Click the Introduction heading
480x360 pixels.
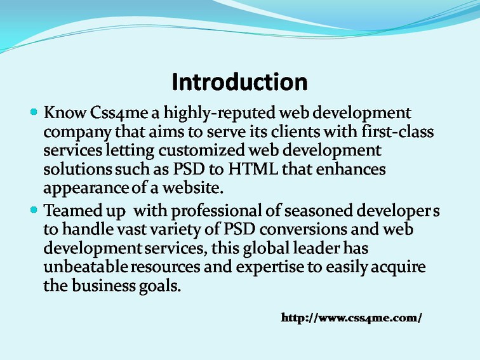pos(239,82)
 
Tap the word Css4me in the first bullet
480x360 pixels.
pos(119,112)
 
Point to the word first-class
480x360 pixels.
pos(397,131)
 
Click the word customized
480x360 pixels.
pos(201,150)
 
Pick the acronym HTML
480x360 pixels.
pos(253,170)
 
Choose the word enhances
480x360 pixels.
pos(350,170)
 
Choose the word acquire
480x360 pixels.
pos(398,268)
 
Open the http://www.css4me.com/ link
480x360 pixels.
pos(352,317)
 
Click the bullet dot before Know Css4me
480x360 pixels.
pos(34,112)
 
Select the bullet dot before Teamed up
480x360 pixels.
pos(34,210)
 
